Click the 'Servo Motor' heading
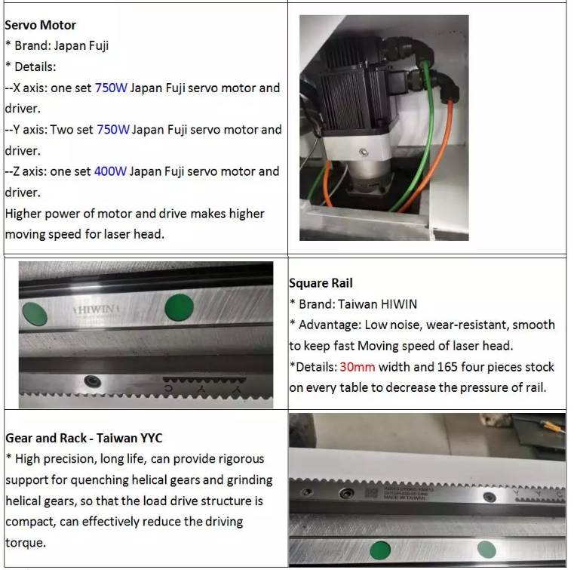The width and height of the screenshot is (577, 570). [40, 25]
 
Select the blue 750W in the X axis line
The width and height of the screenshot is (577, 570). [111, 88]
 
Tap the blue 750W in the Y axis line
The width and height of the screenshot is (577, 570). [113, 129]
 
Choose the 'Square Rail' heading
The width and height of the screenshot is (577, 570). [321, 283]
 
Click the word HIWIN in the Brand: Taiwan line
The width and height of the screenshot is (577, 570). [397, 304]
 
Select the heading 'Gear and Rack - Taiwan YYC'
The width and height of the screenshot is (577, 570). [84, 438]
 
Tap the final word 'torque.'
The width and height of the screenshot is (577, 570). [26, 542]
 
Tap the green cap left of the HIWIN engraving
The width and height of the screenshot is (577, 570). [35, 311]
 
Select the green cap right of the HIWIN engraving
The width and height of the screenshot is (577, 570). [179, 307]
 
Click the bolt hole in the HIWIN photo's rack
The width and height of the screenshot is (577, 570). [94, 381]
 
